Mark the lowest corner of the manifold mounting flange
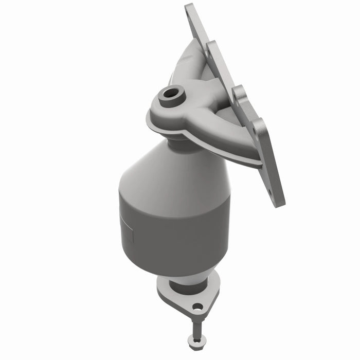click(x=280, y=203)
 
